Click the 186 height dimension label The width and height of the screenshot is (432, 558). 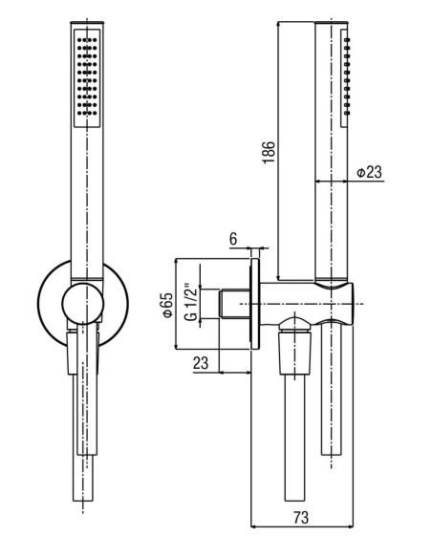(269, 152)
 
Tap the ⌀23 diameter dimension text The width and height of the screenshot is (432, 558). (369, 172)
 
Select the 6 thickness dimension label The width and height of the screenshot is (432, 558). (233, 239)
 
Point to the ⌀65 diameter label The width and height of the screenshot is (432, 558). (167, 304)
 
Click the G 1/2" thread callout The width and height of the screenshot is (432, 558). (191, 302)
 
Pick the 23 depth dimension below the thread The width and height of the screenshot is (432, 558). (201, 363)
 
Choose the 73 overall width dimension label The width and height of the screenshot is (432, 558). (301, 517)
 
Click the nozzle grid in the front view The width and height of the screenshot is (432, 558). (87, 75)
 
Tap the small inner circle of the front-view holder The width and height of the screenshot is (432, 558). (83, 304)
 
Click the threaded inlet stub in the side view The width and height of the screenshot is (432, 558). (235, 304)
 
